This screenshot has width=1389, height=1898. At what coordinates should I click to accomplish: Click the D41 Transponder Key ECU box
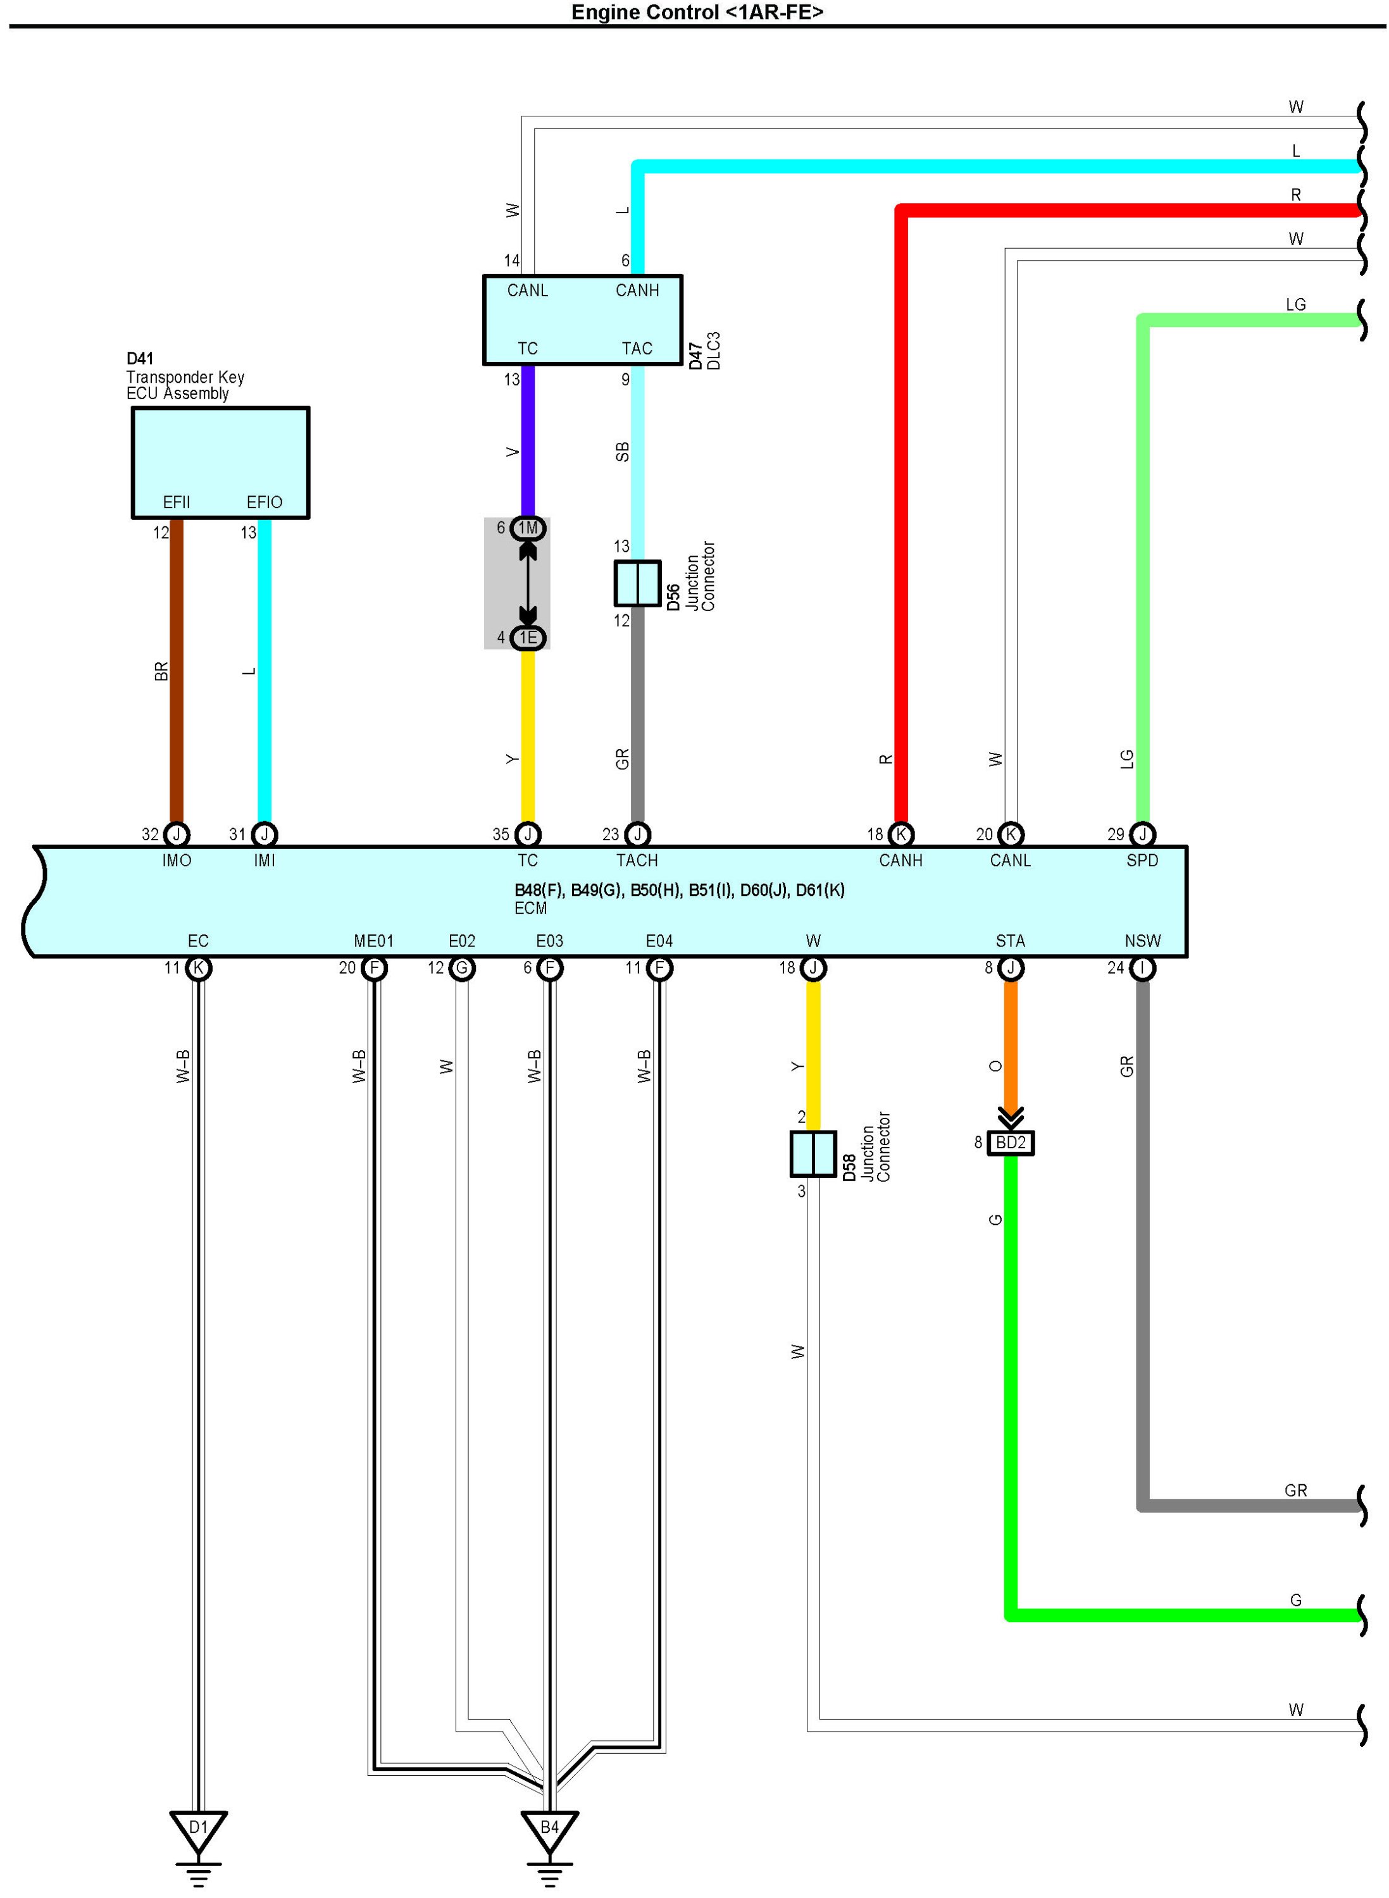[x=220, y=462]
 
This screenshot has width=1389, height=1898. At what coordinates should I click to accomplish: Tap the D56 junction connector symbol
[x=637, y=583]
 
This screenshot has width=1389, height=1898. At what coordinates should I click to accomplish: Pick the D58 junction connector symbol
[x=813, y=1154]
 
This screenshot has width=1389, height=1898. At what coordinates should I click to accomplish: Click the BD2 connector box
[x=1010, y=1143]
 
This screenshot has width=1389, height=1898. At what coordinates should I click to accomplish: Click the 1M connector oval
[x=528, y=528]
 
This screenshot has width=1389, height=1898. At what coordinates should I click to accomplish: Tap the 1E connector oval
[x=528, y=638]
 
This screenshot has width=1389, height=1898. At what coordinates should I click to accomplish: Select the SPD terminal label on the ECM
[x=1142, y=860]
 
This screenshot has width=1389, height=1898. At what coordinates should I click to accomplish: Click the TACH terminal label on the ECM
[x=637, y=860]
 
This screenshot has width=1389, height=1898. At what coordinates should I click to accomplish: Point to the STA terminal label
[x=1010, y=941]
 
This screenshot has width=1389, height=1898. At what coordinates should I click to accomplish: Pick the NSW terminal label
[x=1142, y=941]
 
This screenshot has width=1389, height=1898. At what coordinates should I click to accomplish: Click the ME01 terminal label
[x=373, y=941]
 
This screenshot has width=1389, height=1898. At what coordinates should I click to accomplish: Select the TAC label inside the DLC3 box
[x=637, y=349]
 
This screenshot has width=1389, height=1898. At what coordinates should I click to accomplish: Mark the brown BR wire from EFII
[x=177, y=673]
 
